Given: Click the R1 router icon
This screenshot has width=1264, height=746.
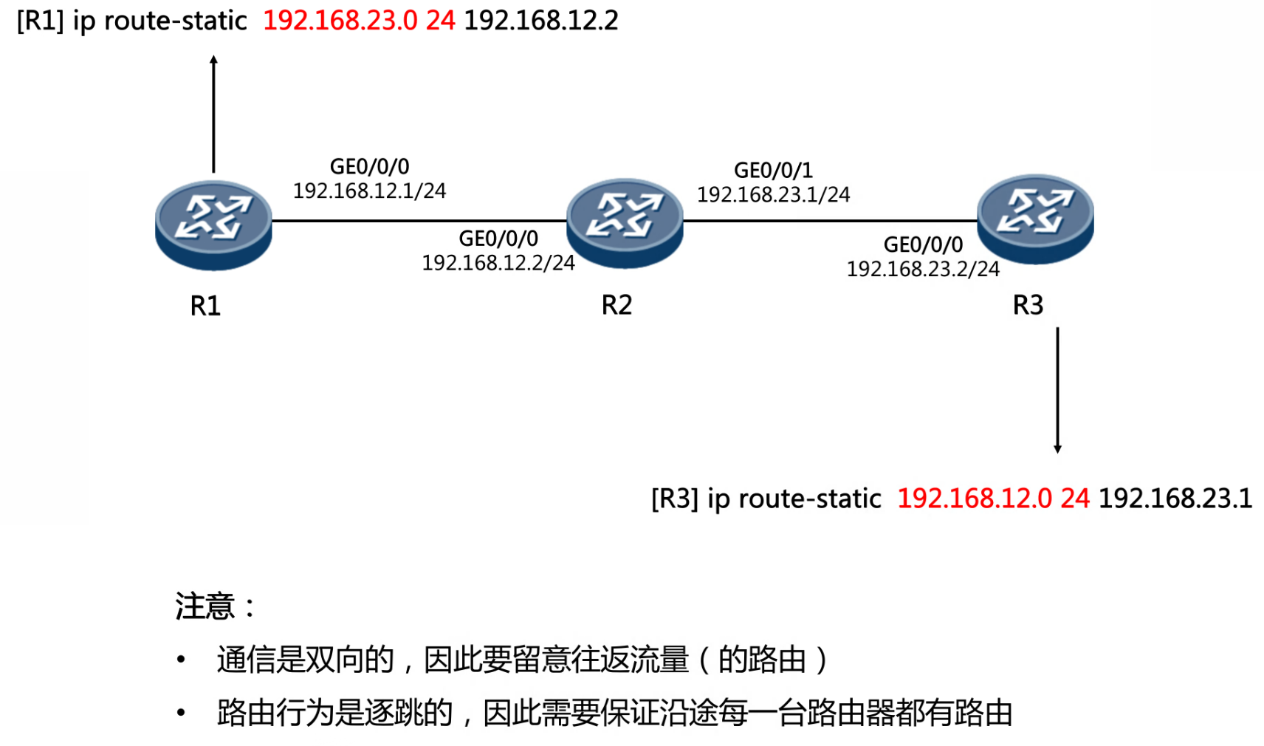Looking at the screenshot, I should (213, 224).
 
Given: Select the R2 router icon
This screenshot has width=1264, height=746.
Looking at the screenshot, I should (625, 222).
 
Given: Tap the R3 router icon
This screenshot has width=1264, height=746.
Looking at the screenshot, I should (1035, 218).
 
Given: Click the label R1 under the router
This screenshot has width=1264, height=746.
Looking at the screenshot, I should (205, 306).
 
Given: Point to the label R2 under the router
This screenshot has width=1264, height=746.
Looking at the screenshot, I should (616, 305).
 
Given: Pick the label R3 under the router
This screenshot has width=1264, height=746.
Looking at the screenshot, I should (1028, 305).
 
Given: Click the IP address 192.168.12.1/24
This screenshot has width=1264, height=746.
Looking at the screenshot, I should (369, 191).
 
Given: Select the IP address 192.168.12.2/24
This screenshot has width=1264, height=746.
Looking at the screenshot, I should (498, 263).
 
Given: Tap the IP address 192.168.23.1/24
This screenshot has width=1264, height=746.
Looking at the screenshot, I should (774, 195).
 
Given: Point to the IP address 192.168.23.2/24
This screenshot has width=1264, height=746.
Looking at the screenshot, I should (923, 270).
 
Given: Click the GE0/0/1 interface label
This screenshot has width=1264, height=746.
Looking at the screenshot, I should (773, 171).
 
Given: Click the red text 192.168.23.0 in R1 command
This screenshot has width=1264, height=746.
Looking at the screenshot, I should (340, 21).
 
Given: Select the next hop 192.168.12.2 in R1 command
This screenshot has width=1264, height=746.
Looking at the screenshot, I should (541, 21).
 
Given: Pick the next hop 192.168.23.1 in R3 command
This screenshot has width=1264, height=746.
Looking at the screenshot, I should (1175, 499).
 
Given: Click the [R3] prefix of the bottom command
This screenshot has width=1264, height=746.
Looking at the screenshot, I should (674, 499).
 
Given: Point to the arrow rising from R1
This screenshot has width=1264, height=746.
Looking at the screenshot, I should (214, 114).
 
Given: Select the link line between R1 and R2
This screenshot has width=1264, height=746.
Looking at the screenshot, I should (419, 220).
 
